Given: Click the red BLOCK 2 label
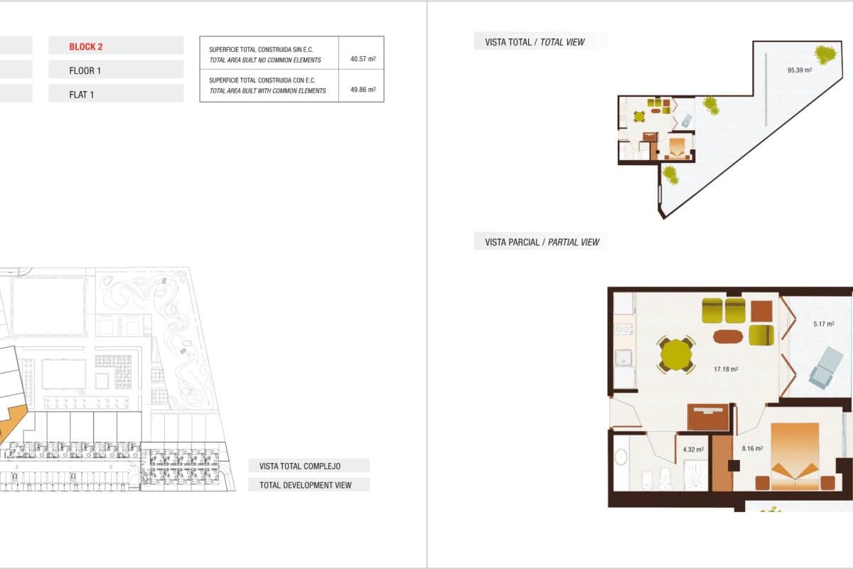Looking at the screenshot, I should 86,47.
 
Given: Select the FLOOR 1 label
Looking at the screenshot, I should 85,70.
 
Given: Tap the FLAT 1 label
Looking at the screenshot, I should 82,94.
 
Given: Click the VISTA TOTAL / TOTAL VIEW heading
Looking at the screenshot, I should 535,42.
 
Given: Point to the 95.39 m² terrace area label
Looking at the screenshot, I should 799,70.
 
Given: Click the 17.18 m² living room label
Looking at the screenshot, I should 726,369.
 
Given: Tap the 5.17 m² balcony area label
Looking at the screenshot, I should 823,324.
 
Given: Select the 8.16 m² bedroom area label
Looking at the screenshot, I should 752,449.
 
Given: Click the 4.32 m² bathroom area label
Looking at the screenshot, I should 693,450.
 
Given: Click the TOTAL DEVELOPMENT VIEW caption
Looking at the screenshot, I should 306,485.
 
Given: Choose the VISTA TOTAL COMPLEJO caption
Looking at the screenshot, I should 300,466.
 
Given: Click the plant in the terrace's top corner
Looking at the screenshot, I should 825,54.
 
